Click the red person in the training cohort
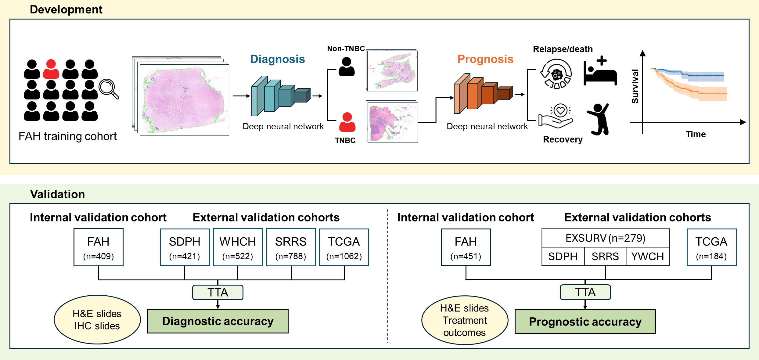point(51,69)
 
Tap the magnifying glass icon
point(109,88)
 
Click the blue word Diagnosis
point(277,59)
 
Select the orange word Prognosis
point(485,59)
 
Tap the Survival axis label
point(635,86)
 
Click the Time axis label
point(695,134)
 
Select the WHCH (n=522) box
point(238,247)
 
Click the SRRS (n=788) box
point(291,247)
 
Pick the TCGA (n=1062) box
point(344,247)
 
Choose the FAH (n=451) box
point(466,247)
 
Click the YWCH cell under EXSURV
point(648,257)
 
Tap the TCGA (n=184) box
point(711,247)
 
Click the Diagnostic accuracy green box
point(218,321)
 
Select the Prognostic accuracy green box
point(585,322)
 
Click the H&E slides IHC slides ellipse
point(97,320)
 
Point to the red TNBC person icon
point(347,122)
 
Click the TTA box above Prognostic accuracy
point(585,292)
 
